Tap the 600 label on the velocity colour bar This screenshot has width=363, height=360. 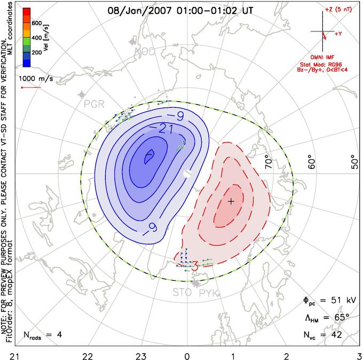36,24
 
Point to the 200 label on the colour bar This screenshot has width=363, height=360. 36,53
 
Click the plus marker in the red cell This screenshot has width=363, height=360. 231,201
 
